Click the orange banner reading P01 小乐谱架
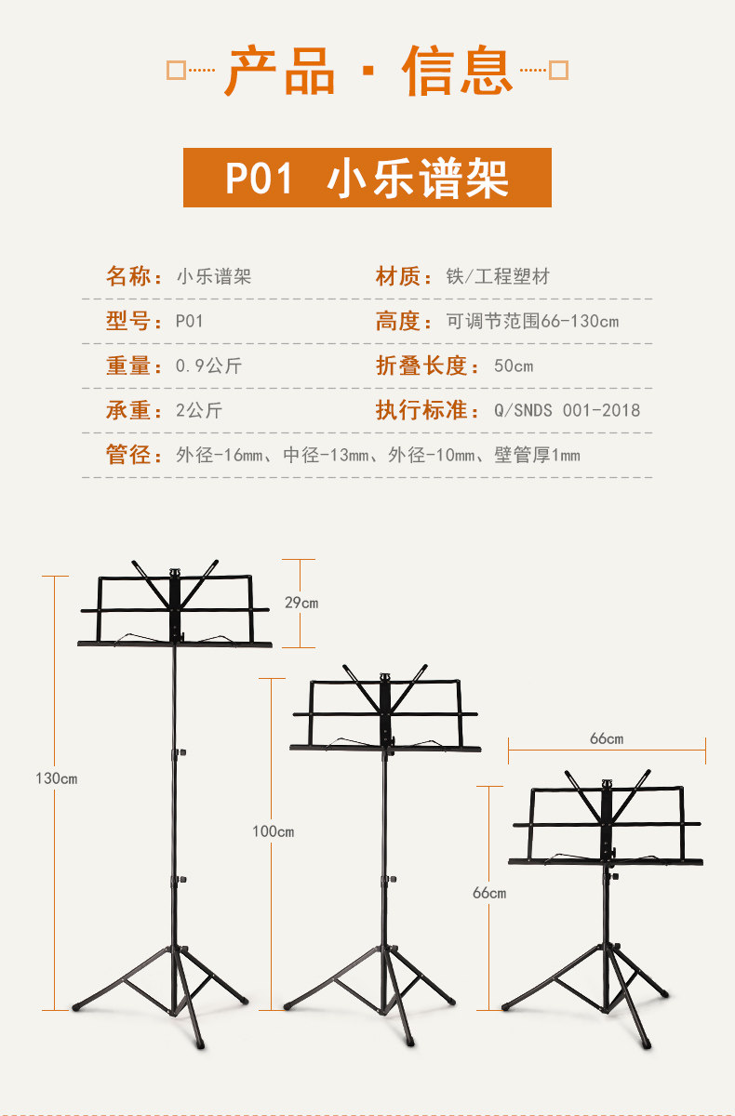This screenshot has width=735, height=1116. [367, 178]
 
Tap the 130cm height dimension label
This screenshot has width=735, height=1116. [57, 778]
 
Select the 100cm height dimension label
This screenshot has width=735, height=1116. [274, 831]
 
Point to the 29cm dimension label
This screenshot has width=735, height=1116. [301, 603]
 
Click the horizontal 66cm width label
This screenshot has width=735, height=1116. [607, 738]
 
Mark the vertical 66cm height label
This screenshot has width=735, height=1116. [489, 893]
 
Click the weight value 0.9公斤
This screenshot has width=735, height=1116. [208, 365]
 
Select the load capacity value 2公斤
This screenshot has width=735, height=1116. [199, 410]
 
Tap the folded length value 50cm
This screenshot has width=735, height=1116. [514, 366]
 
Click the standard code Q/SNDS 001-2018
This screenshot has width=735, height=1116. [568, 410]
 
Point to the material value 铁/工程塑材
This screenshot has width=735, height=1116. [498, 276]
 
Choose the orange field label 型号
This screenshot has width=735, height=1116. [128, 321]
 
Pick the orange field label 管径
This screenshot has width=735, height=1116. [128, 455]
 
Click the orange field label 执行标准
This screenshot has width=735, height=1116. [421, 410]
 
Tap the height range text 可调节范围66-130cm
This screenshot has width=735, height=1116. [532, 322]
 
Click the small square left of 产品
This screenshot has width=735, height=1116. [176, 71]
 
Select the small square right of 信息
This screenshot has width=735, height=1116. [558, 71]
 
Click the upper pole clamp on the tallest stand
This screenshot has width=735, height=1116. [179, 752]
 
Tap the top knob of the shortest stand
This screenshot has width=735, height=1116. [607, 783]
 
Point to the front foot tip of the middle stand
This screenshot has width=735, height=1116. [410, 1043]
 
